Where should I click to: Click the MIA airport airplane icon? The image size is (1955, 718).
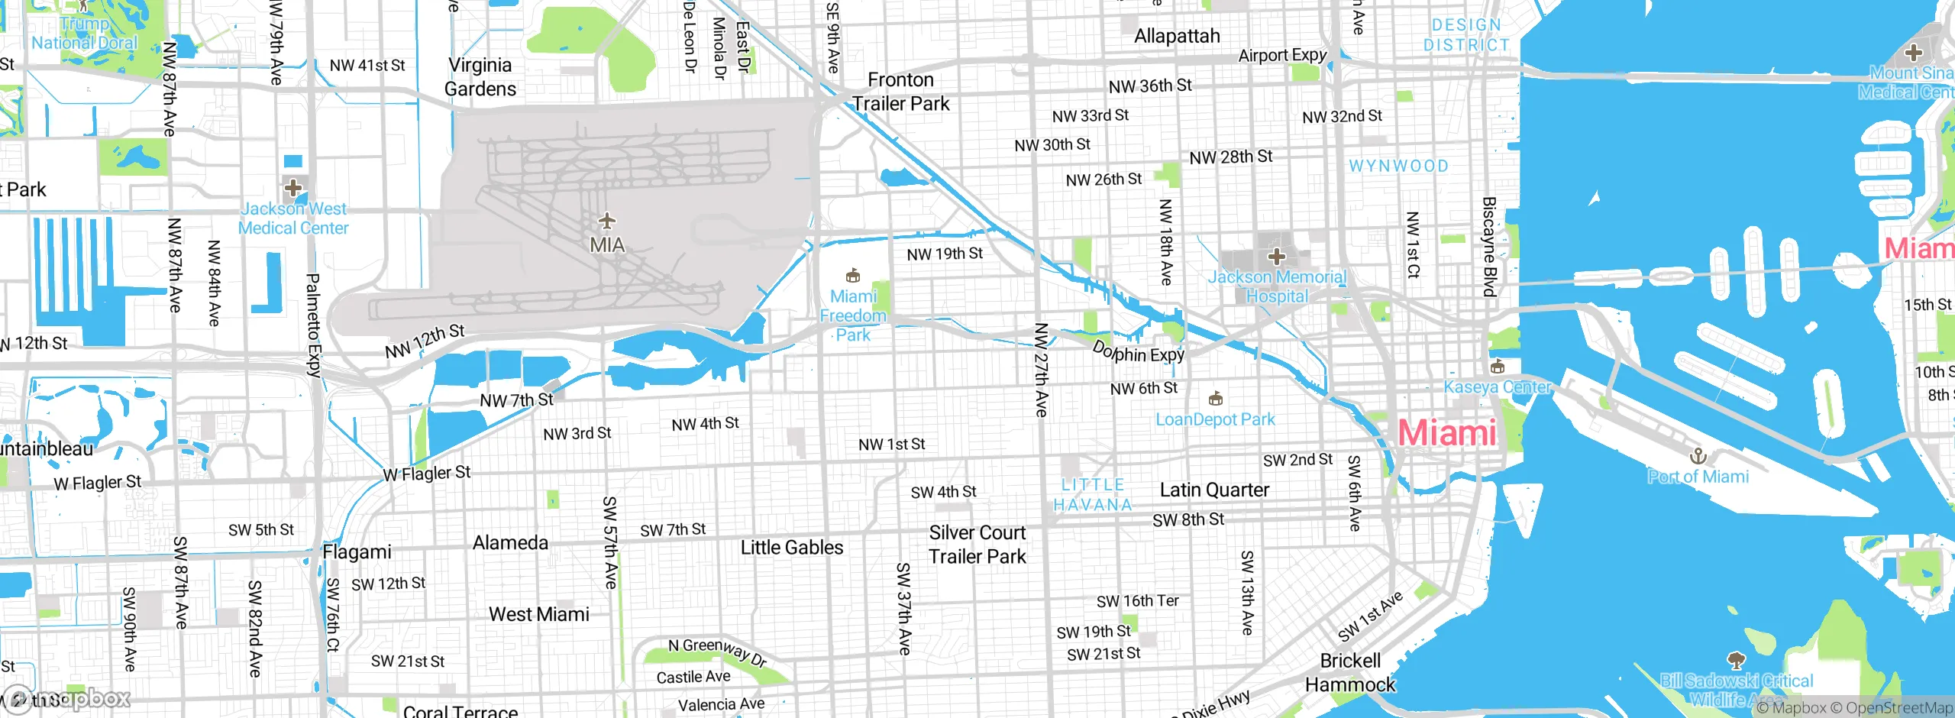click(607, 222)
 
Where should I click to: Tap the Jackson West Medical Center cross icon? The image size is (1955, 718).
click(293, 188)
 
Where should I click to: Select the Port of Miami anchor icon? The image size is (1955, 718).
click(1698, 457)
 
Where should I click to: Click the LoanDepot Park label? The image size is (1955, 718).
click(1215, 419)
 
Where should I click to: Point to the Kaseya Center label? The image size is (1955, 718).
click(1496, 387)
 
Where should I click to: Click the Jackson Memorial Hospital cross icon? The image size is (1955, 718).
click(1277, 257)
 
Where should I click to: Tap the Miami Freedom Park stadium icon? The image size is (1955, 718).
click(853, 275)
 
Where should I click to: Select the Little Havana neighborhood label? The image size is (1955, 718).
click(1093, 494)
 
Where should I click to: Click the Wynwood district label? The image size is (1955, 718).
click(1398, 166)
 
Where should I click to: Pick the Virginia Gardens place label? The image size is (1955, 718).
click(480, 77)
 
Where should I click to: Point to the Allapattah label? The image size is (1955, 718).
click(1177, 36)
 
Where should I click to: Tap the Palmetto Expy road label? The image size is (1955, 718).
click(313, 325)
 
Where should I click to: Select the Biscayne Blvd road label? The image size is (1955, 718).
click(1489, 246)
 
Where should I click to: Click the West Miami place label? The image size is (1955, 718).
click(539, 614)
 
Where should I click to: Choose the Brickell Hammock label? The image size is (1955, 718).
click(1350, 672)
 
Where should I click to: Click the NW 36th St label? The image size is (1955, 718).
click(1150, 86)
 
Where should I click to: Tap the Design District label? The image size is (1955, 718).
click(1466, 35)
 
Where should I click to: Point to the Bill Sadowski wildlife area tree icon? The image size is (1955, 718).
click(1736, 660)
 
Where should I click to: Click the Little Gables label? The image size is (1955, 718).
click(792, 548)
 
